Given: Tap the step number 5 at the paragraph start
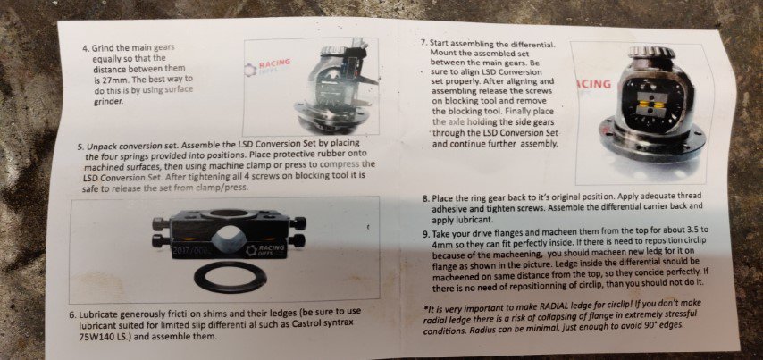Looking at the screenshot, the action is click(80, 146).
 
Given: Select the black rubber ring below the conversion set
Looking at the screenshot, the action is click(231, 277).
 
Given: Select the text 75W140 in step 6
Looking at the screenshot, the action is click(94, 336).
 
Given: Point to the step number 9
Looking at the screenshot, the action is click(426, 233).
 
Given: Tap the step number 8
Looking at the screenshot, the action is click(425, 199).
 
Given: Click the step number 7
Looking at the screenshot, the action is click(423, 42).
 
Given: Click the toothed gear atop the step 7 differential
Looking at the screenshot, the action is click(650, 52).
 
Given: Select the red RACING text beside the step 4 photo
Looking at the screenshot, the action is click(274, 63).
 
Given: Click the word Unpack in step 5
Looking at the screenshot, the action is click(100, 146).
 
